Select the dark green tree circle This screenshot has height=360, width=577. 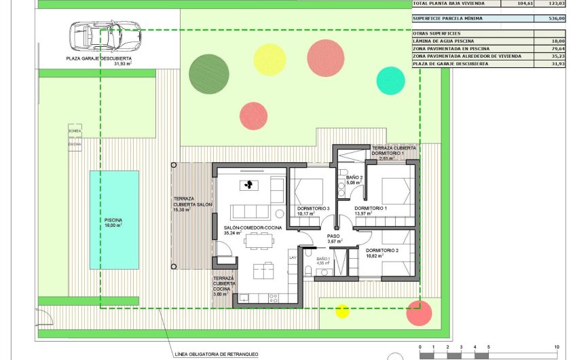click(209, 73)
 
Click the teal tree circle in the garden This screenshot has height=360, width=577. click(390, 80)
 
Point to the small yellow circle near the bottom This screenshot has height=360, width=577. click(343, 311)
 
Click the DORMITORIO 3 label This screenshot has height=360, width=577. click(314, 208)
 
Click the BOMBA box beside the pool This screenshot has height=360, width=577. click(75, 130)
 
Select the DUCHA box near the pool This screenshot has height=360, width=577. click(75, 144)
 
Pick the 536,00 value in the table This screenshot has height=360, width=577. click(556, 19)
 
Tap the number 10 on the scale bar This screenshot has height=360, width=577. click(556, 346)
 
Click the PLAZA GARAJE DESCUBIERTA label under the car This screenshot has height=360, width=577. click(99, 59)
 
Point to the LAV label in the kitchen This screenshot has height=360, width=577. click(293, 258)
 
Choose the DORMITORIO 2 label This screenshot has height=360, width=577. click(380, 250)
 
